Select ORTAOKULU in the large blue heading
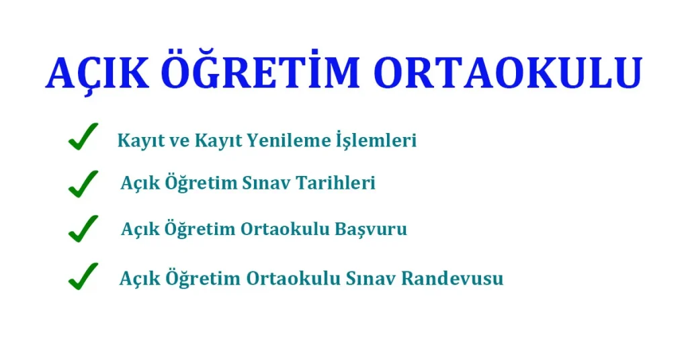coord(507,73)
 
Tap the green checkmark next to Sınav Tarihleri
coord(83,183)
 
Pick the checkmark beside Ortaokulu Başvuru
coord(83,228)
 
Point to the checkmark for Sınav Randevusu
coord(83,276)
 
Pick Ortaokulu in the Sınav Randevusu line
coord(293,278)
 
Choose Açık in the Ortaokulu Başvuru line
coord(140,229)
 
